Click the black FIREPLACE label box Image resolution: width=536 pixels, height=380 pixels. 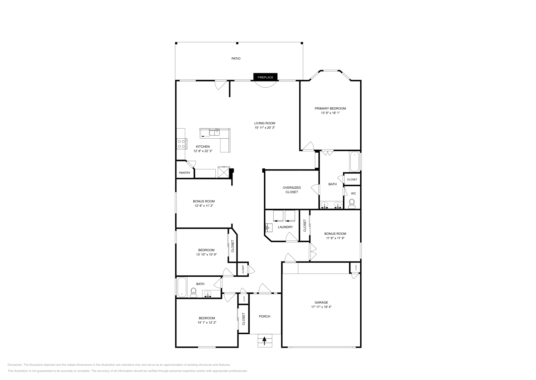tap(265, 77)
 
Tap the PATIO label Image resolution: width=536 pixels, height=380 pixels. tap(236, 58)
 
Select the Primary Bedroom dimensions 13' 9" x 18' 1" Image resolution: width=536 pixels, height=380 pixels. tap(330, 113)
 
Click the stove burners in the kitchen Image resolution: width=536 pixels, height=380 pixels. tap(181, 144)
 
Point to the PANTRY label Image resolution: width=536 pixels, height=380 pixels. tap(185, 173)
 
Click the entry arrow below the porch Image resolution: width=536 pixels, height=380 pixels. tap(265, 341)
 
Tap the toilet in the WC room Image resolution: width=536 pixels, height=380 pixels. tap(352, 203)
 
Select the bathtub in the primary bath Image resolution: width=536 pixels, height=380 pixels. tap(354, 162)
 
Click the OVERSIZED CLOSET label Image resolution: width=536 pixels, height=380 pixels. tap(291, 190)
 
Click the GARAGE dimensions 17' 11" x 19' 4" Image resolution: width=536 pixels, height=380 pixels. tap(321, 307)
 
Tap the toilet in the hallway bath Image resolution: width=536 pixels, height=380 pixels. tap(193, 293)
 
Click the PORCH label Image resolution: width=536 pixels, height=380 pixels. tap(265, 316)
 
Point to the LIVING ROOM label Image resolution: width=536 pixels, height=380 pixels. tap(264, 123)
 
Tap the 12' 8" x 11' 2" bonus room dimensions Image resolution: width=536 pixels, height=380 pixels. tap(204, 206)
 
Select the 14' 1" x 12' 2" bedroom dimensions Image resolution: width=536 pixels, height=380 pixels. tap(207, 323)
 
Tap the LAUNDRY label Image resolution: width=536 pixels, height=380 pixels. tap(285, 227)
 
